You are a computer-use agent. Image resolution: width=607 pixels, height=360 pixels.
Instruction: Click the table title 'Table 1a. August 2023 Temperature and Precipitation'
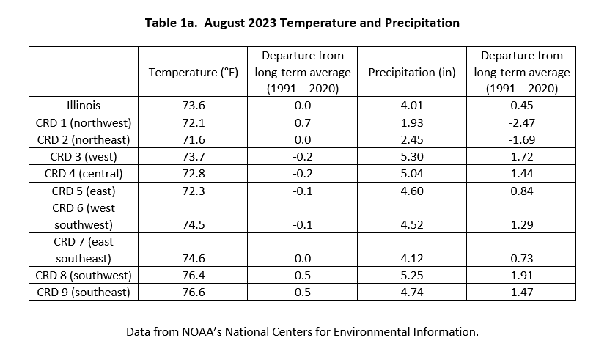tap(302, 23)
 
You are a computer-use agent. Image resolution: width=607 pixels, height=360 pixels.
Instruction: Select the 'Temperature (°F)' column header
tap(194, 73)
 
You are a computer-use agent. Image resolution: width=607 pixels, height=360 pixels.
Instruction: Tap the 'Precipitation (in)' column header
tap(412, 73)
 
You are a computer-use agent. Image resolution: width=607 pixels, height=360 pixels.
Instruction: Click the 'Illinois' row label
tap(84, 106)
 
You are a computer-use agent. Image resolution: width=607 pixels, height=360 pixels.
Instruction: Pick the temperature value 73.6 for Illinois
tap(194, 106)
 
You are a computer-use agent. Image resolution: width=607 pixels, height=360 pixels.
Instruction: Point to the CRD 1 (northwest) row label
tap(84, 122)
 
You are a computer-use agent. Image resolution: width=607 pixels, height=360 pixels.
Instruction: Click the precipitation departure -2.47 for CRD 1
tap(522, 122)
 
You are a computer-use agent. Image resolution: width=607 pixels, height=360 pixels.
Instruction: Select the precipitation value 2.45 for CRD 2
tap(412, 140)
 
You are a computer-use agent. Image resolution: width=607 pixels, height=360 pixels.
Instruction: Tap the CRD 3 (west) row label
tap(84, 157)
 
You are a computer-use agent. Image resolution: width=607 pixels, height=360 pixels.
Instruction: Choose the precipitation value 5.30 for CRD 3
tap(412, 157)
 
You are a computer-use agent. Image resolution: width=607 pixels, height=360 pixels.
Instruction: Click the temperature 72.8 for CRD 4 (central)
tap(194, 174)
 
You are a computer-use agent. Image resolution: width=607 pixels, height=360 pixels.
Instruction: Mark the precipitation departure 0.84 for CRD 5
tap(522, 191)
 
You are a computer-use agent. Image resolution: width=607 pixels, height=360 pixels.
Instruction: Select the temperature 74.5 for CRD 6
tap(194, 224)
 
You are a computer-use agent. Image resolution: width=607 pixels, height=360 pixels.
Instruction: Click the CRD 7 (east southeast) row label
tap(84, 250)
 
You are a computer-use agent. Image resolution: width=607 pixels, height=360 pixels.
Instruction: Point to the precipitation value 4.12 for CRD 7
tap(412, 258)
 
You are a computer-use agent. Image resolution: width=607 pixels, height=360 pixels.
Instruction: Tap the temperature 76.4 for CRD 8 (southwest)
tap(194, 275)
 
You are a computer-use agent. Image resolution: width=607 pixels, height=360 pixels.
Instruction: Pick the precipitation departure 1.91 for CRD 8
tap(522, 275)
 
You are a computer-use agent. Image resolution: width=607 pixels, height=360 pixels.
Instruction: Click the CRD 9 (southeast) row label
tap(84, 293)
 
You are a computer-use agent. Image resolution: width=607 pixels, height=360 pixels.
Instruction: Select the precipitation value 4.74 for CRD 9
tap(412, 293)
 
